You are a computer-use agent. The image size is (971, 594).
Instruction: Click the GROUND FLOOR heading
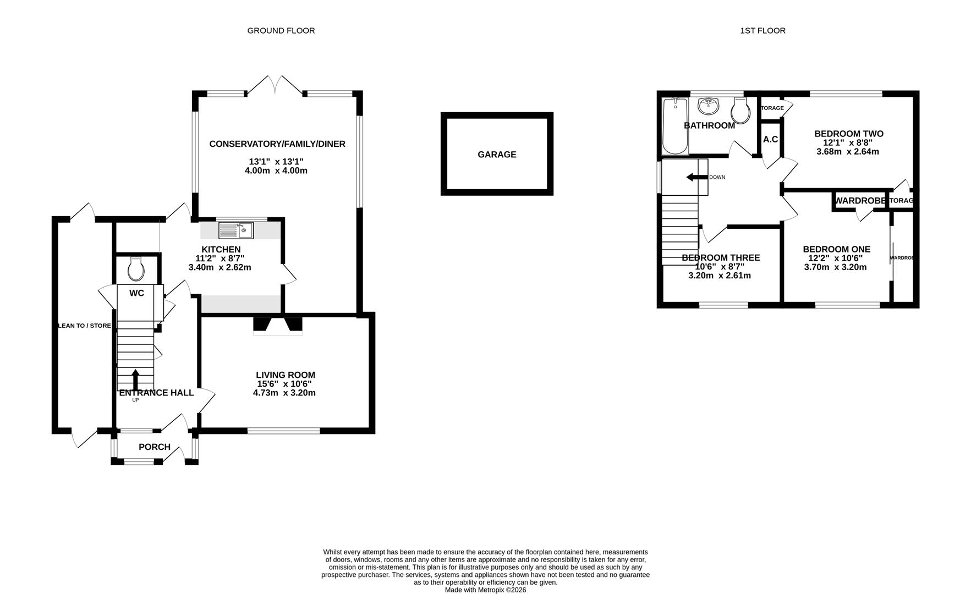281,31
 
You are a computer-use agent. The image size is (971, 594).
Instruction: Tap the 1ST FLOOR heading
762,31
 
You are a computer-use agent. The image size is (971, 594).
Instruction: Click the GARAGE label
497,155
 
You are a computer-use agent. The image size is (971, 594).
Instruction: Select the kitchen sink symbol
236,230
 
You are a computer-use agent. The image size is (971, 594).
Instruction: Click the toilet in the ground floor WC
136,270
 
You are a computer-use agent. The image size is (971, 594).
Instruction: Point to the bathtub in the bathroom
673,126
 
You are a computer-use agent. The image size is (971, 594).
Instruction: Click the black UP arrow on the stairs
135,380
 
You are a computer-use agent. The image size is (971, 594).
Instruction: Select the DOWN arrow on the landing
696,177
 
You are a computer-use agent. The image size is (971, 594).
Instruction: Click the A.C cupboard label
770,139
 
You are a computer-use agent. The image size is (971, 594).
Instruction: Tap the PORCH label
155,447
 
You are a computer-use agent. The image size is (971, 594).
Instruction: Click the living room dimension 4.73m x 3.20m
284,393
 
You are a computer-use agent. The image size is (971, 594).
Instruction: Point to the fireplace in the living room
278,326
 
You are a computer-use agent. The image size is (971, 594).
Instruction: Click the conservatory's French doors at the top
275,86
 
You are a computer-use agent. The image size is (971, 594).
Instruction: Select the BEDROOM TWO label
848,134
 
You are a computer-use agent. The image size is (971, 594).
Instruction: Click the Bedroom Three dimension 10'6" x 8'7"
720,266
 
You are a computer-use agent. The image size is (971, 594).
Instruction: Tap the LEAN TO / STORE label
85,326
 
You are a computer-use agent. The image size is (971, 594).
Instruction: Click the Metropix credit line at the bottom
485,590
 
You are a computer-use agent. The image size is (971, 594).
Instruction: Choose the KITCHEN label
221,250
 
